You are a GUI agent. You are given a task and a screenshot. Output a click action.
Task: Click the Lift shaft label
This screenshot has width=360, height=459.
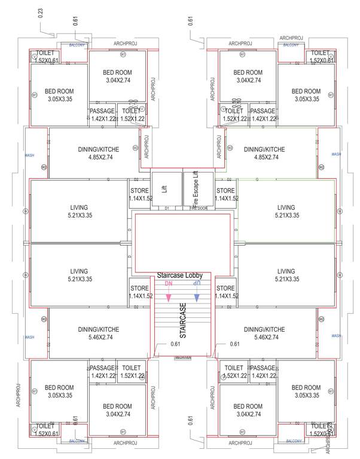point(164,188)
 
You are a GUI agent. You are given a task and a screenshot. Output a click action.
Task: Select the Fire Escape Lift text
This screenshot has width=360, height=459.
point(194,188)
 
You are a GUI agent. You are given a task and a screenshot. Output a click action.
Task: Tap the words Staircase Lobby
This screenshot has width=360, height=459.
point(180,276)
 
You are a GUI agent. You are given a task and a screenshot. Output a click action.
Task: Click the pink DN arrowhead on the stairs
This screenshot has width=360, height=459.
point(169,297)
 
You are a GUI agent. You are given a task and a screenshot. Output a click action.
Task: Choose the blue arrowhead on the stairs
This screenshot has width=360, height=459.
point(197,297)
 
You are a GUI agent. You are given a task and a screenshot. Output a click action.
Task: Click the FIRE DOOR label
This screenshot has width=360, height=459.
point(199,208)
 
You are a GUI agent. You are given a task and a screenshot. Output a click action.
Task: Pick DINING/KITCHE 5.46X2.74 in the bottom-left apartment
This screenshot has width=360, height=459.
point(98,333)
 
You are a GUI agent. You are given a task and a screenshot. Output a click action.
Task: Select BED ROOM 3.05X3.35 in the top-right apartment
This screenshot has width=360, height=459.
point(306,96)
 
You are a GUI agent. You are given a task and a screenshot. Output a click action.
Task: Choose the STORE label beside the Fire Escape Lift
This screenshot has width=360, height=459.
point(225,194)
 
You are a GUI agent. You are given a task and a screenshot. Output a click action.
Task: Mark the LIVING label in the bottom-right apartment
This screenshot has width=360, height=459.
point(286,275)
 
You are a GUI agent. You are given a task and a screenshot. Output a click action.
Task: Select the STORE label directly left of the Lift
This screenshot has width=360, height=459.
point(139,194)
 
